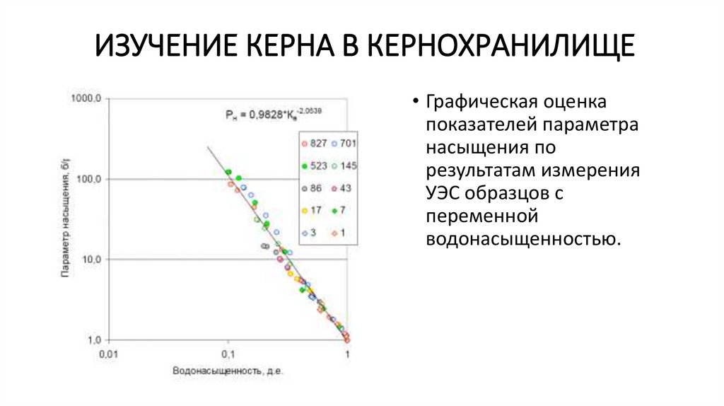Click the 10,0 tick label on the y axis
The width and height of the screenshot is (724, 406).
tap(90, 260)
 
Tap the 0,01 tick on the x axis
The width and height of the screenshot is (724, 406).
tap(107, 353)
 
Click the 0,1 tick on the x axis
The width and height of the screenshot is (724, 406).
tap(227, 353)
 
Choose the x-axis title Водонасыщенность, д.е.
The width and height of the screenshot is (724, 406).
tap(228, 371)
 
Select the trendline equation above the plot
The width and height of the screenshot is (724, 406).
tap(269, 112)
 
